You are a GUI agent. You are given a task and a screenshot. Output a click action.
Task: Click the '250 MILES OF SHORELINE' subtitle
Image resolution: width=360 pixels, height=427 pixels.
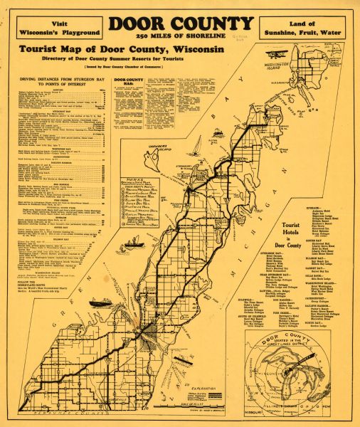179,36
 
